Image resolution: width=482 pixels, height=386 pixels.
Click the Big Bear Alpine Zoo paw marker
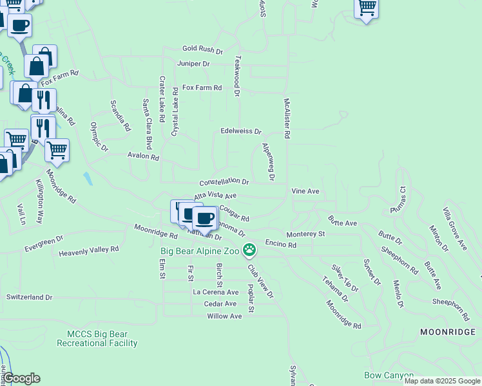click(x=249, y=250)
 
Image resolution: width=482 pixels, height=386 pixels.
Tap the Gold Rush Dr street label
click(x=202, y=50)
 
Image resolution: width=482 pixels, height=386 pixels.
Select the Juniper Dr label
click(x=193, y=64)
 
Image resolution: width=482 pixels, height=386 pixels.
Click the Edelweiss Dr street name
click(x=241, y=131)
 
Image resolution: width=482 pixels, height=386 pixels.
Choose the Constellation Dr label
click(x=224, y=182)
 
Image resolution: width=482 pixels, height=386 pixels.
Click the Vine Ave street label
click(x=305, y=192)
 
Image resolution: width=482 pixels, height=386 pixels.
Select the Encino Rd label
click(x=280, y=245)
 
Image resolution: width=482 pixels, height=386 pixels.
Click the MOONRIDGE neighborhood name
click(x=446, y=332)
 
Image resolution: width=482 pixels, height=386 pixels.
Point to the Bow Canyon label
click(x=389, y=375)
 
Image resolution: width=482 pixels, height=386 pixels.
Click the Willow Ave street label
click(x=224, y=317)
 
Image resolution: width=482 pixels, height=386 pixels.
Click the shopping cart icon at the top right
click(x=367, y=8)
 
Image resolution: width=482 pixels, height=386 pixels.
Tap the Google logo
click(x=21, y=378)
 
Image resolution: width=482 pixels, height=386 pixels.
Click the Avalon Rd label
click(x=143, y=156)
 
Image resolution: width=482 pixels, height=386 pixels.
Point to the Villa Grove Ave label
click(x=454, y=228)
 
